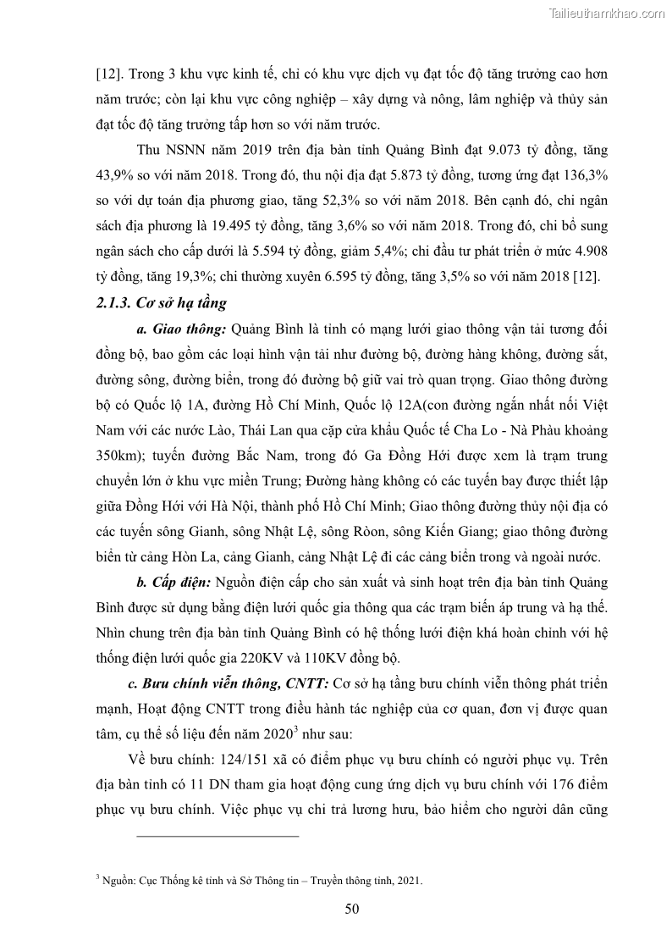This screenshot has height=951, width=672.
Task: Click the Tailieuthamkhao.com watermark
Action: click(607, 13)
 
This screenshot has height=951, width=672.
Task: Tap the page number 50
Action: click(352, 910)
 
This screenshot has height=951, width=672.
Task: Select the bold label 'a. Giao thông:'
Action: click(180, 328)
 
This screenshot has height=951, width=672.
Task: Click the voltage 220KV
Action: click(267, 658)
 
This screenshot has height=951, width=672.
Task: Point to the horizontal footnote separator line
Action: click(218, 837)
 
